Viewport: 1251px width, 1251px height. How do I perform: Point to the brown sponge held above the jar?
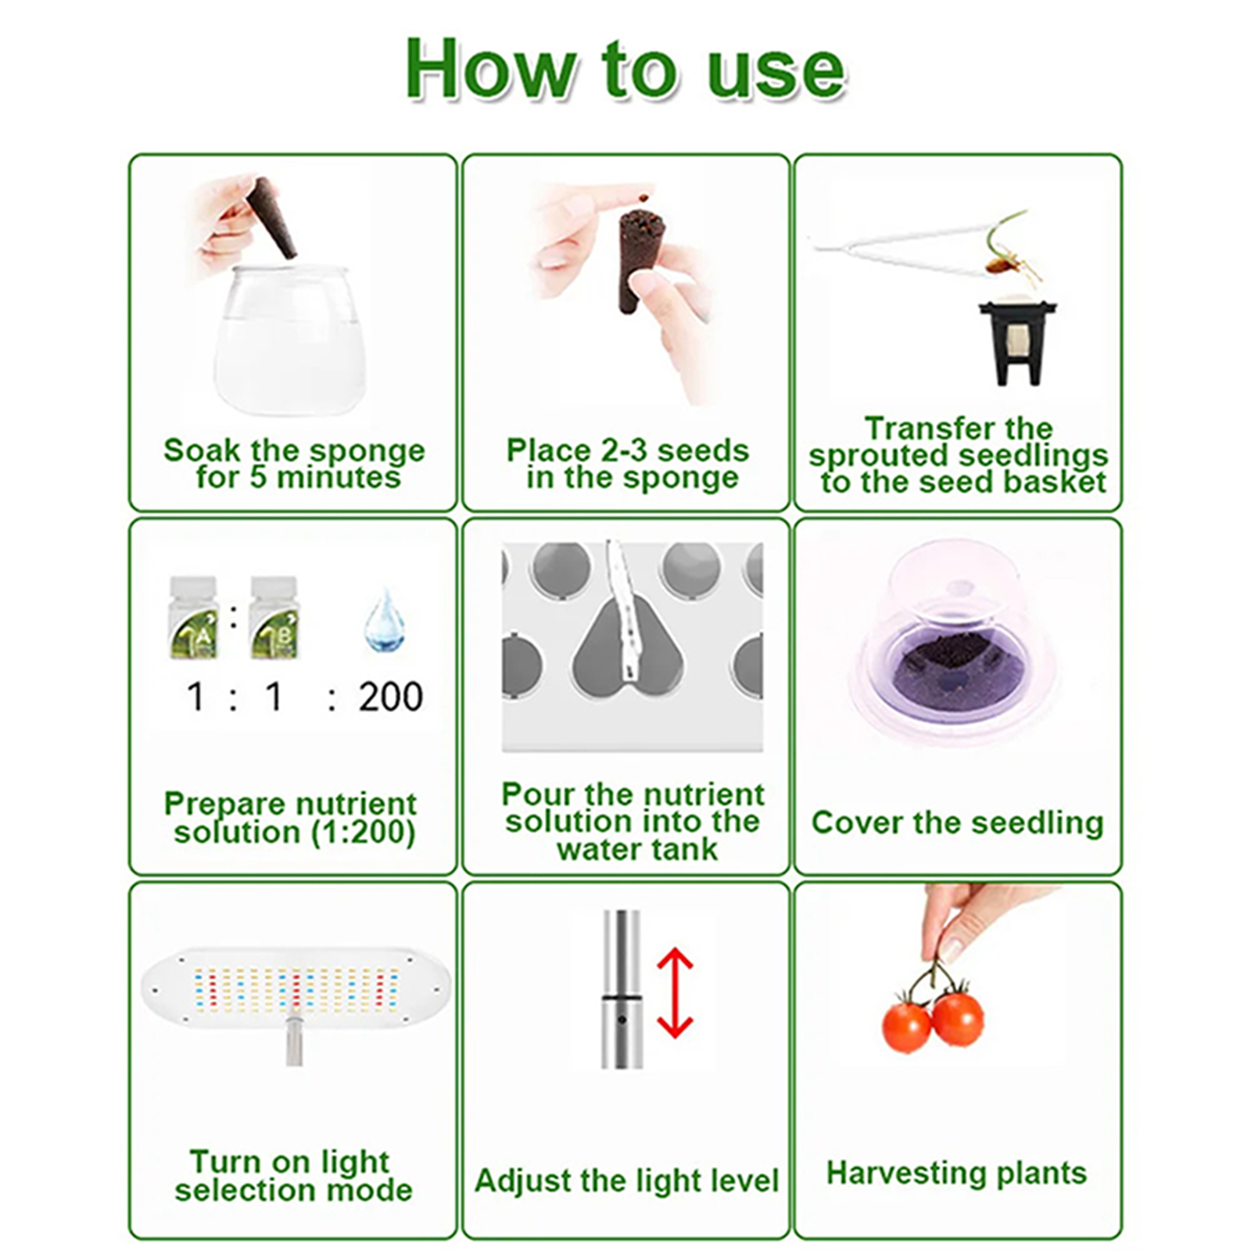272,217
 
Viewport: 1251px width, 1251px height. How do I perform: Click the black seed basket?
1016,342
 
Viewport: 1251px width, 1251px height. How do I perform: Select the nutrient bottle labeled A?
193,617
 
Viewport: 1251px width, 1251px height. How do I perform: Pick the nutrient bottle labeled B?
273,617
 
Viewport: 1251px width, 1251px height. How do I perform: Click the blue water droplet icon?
385,622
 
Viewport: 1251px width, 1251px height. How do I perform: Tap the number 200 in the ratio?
390,696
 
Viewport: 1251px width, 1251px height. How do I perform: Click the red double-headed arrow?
674,993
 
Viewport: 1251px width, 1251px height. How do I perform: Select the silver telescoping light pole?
622,989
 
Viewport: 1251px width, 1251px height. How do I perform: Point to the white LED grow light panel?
296,988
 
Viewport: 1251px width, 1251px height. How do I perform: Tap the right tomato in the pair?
959,1018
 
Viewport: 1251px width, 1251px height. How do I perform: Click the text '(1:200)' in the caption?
363,832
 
